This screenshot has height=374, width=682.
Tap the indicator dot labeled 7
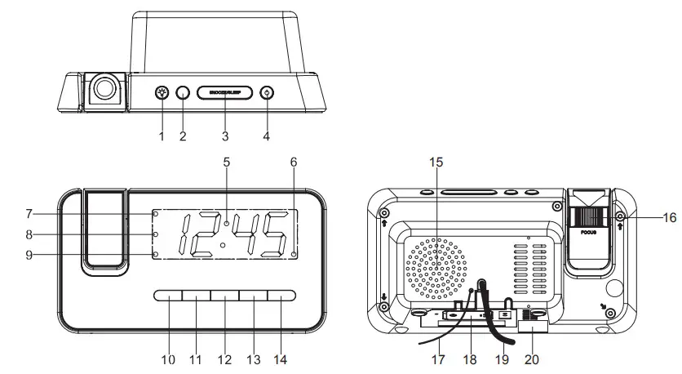[x=154, y=214]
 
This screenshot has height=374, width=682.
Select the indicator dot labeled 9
[x=154, y=255]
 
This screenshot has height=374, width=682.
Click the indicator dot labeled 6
[x=293, y=255]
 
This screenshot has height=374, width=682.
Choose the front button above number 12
[x=224, y=296]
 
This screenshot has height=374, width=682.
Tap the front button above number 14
[x=280, y=296]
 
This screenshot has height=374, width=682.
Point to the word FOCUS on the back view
[x=587, y=232]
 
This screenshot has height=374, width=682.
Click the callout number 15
[x=436, y=162]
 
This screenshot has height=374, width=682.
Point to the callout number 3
[x=224, y=136]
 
